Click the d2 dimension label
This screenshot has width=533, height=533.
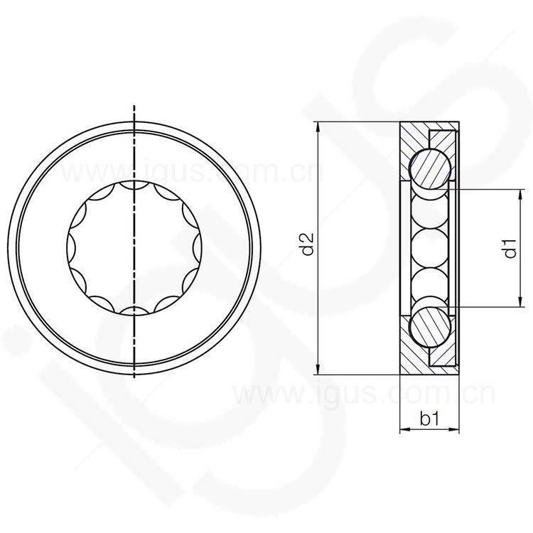(308, 244)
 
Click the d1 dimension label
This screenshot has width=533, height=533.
(510, 248)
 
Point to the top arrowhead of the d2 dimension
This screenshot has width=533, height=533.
(318, 127)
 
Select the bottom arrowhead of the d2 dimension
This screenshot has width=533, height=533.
(318, 369)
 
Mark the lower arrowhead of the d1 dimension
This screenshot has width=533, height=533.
(520, 301)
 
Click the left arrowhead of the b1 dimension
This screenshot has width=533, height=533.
(405, 430)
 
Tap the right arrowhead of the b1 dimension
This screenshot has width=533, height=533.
(453, 430)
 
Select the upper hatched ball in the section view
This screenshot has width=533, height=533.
(430, 168)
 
